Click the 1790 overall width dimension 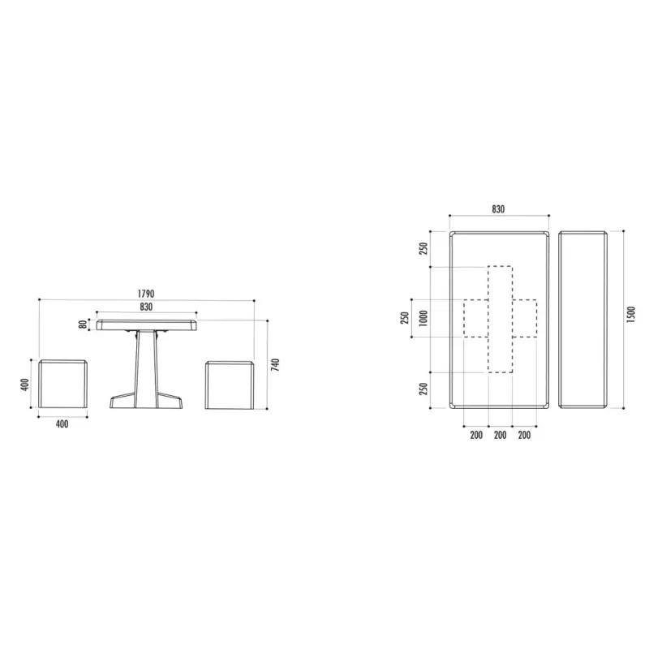[x=146, y=294]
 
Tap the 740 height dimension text [x=275, y=364]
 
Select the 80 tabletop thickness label [x=84, y=324]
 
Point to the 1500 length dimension [x=630, y=315]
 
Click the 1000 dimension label [x=423, y=318]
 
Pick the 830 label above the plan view [x=498, y=209]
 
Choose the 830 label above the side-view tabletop [x=146, y=307]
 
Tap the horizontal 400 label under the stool [x=62, y=423]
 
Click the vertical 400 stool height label [x=25, y=385]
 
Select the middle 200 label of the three [x=501, y=435]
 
